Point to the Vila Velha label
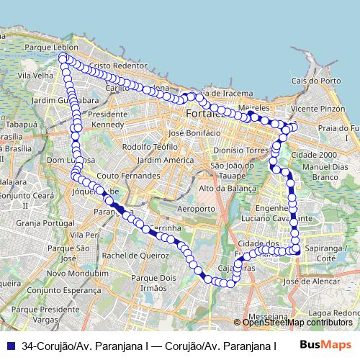tap(36, 74)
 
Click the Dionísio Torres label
tap(240, 150)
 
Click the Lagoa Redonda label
tap(336, 314)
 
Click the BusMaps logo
tap(325, 345)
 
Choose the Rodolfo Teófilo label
tap(150, 146)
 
